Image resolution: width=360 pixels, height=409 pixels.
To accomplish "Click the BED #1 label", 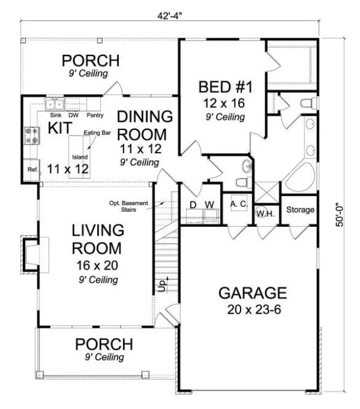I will tap(222, 86).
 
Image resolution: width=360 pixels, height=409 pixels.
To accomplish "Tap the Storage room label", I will tap(300, 210).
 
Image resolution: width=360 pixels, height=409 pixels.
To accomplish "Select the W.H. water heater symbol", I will tap(265, 213).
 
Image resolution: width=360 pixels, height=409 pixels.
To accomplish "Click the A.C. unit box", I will tap(238, 204).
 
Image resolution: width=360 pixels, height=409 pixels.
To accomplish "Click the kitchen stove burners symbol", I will tap(31, 135).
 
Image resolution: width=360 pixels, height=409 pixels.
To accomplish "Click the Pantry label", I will tap(94, 115).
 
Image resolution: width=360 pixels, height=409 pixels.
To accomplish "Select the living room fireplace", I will tap(30, 253).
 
